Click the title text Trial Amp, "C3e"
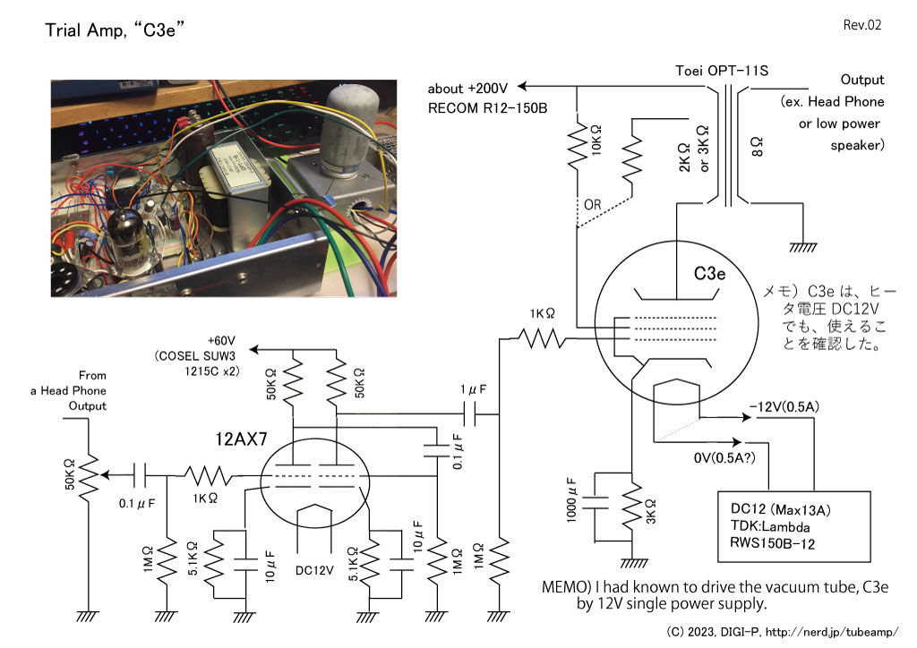[x=115, y=30]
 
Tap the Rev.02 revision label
[x=862, y=24]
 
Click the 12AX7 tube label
[x=241, y=439]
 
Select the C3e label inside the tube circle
[x=709, y=274]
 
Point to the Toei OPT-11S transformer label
[x=722, y=71]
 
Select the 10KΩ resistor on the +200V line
[x=578, y=143]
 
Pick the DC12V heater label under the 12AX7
[x=314, y=570]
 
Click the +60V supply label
[x=221, y=341]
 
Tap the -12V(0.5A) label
[x=784, y=406]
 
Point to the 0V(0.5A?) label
[x=724, y=457]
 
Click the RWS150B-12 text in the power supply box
[x=772, y=543]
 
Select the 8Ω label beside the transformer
[x=756, y=147]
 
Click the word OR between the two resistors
[x=592, y=204]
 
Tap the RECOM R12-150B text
[x=488, y=108]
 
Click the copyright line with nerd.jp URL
[x=782, y=632]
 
